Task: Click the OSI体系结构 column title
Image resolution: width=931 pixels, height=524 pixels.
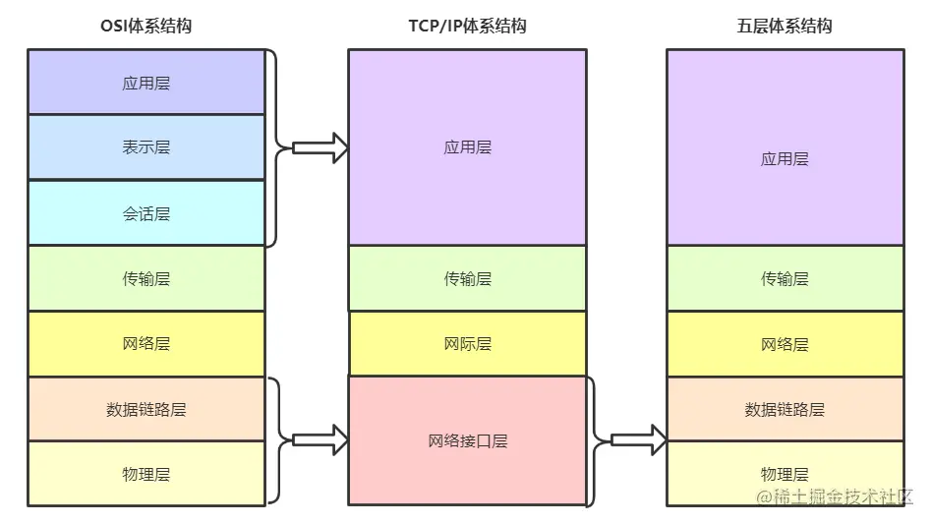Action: click(145, 27)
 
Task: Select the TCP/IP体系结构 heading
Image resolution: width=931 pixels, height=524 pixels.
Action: click(467, 27)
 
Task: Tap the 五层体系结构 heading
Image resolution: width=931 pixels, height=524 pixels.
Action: click(785, 27)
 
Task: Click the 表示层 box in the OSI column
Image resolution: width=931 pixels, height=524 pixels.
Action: click(146, 147)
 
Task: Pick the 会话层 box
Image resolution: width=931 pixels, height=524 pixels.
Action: click(146, 213)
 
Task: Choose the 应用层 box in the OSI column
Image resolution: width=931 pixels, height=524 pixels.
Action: click(146, 83)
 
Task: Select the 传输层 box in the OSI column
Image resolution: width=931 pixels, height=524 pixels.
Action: click(146, 278)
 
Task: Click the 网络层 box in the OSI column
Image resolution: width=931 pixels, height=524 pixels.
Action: click(146, 344)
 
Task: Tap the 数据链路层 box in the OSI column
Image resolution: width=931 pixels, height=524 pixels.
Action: click(146, 409)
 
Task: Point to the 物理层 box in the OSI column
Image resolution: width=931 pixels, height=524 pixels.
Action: click(146, 474)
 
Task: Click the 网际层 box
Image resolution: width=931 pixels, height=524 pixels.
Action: click(467, 344)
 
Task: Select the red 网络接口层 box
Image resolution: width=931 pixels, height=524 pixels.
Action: click(467, 440)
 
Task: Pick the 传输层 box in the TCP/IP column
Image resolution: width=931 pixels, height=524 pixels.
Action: click(467, 278)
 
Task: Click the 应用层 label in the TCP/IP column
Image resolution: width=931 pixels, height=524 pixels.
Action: click(467, 147)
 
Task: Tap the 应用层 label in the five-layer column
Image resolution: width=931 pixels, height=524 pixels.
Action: click(785, 158)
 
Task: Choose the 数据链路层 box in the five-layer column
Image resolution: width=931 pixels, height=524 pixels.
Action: click(785, 409)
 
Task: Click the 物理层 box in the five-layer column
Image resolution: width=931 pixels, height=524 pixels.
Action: click(785, 474)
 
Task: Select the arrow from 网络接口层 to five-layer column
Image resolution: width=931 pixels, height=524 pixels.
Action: click(639, 439)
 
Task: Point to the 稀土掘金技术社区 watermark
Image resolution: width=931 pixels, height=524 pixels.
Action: click(836, 497)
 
